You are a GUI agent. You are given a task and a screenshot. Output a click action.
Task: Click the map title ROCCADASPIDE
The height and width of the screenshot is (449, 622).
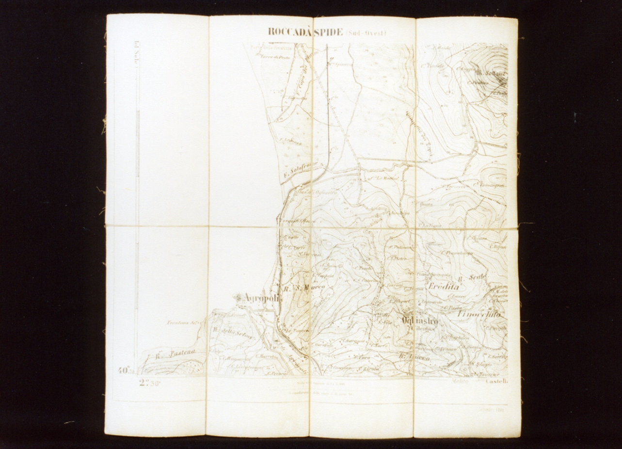point(305,32)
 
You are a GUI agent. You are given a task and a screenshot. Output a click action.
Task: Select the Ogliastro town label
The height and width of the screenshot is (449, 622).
point(420,321)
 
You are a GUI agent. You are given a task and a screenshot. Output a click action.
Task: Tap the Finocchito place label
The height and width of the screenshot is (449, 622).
point(478,314)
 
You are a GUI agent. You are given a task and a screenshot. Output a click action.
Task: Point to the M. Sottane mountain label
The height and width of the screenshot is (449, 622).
point(490,73)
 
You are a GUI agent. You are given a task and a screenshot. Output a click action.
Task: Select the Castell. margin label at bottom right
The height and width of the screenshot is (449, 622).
point(496,382)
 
